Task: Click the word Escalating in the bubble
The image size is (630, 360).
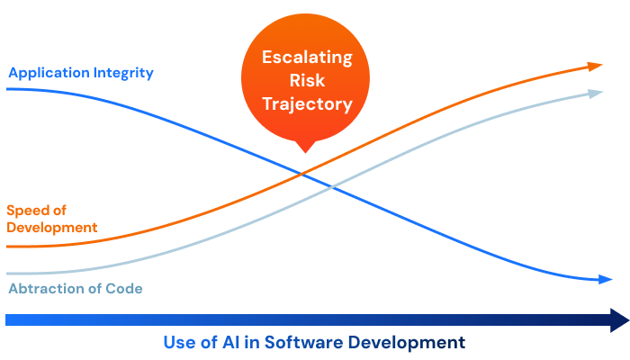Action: coord(307,58)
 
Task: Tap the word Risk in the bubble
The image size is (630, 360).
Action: coord(307,81)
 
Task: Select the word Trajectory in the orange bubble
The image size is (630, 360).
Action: coord(307,104)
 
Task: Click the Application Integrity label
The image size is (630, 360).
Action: coord(81,73)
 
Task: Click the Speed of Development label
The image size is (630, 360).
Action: coord(51,219)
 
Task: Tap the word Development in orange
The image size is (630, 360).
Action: coord(51,228)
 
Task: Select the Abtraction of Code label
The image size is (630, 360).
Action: coord(76,289)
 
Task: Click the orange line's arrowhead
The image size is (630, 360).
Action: coord(595,66)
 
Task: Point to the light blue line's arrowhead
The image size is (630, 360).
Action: coord(595,93)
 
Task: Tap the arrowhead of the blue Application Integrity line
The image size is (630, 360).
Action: coord(605,280)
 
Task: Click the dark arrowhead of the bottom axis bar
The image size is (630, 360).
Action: coord(618,319)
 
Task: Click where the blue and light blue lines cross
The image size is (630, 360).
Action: coord(333,187)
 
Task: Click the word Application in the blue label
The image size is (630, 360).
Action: coord(45,73)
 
